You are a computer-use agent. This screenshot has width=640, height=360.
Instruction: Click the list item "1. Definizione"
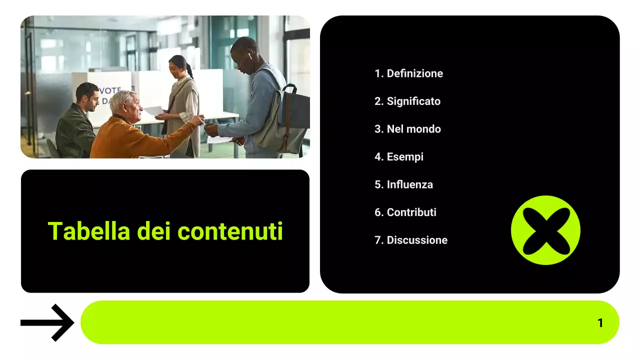coord(408,73)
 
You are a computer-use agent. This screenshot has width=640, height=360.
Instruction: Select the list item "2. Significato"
coord(407,101)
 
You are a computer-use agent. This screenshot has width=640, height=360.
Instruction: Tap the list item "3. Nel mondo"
coord(407,129)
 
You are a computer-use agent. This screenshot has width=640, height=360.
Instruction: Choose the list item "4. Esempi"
coord(399,157)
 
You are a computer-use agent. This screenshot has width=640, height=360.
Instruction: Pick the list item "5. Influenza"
coord(403,184)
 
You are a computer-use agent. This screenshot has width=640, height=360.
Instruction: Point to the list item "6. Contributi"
coord(405,212)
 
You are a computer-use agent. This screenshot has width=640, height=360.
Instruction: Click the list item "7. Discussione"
coord(411,240)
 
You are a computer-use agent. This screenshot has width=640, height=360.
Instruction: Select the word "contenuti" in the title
coord(230,231)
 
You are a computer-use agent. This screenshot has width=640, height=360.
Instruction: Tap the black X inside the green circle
coord(545,230)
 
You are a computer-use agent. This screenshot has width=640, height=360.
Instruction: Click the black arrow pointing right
coord(47,323)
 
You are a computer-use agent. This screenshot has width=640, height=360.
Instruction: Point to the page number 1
coord(600,323)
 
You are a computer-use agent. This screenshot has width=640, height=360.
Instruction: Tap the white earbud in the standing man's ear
coord(249,56)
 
